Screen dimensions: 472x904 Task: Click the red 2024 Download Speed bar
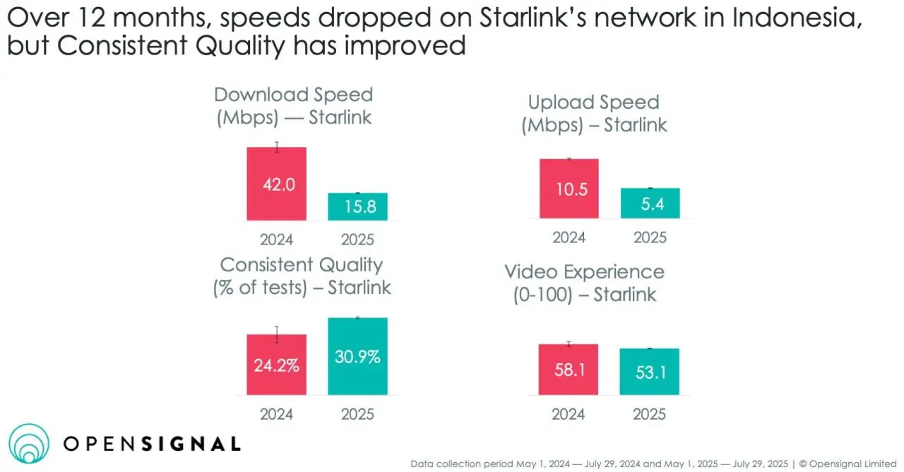pyautogui.click(x=276, y=184)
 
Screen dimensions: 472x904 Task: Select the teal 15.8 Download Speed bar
pyautogui.click(x=357, y=207)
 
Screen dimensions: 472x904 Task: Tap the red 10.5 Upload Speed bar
pyautogui.click(x=569, y=189)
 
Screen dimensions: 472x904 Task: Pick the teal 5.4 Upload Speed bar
pyautogui.click(x=650, y=203)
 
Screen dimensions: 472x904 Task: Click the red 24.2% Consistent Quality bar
pyautogui.click(x=276, y=365)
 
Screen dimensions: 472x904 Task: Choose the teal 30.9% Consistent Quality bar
pyautogui.click(x=357, y=356)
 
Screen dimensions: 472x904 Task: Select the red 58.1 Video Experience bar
pyautogui.click(x=569, y=370)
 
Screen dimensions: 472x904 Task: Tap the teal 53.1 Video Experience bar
pyautogui.click(x=650, y=372)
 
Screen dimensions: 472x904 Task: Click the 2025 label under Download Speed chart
pyautogui.click(x=357, y=239)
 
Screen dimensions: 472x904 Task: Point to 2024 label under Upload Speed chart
pyautogui.click(x=569, y=237)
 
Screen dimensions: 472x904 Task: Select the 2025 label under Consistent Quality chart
pyautogui.click(x=357, y=414)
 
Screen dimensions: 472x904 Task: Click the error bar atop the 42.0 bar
pyautogui.click(x=277, y=147)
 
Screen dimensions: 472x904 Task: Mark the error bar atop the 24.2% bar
pyautogui.click(x=277, y=334)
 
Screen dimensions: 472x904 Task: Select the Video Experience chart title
pyautogui.click(x=584, y=283)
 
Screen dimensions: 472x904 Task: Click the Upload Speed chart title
pyautogui.click(x=594, y=114)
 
